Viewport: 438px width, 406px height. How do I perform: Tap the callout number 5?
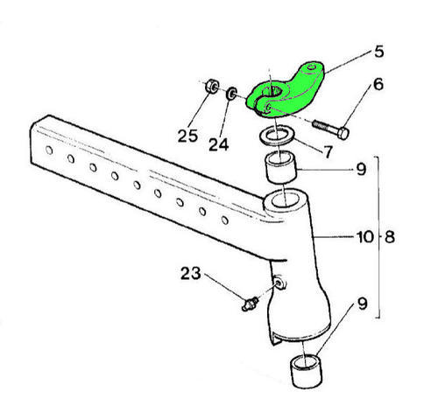pos(378,52)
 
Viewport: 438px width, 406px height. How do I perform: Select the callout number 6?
pos(378,84)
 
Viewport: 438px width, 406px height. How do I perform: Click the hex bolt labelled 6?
pos(331,129)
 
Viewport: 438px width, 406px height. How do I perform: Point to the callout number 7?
pos(328,152)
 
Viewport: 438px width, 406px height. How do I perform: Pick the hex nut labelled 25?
pos(212,86)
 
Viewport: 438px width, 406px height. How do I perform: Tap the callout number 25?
pos(187,136)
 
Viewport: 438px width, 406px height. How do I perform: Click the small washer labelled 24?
pos(232,94)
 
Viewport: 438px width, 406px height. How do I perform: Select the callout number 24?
pos(218,144)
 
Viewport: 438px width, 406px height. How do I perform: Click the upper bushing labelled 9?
pos(280,166)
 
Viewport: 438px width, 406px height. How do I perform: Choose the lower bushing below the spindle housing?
pos(306,371)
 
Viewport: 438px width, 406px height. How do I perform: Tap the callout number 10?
pos(365,237)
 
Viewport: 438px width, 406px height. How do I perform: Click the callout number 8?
pos(390,237)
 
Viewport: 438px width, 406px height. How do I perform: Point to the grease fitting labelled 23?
pos(251,304)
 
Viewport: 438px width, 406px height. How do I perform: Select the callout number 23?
pos(191,274)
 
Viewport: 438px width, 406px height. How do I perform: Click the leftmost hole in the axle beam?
pos(49,150)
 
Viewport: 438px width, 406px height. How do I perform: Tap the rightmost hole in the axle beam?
pos(225,220)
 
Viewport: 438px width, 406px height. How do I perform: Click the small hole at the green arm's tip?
pos(313,68)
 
